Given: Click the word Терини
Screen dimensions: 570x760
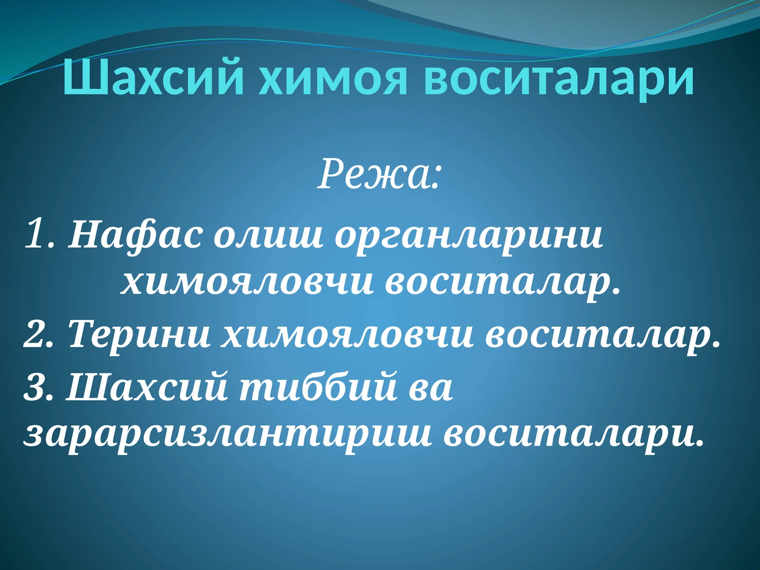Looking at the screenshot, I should (x=139, y=334).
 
